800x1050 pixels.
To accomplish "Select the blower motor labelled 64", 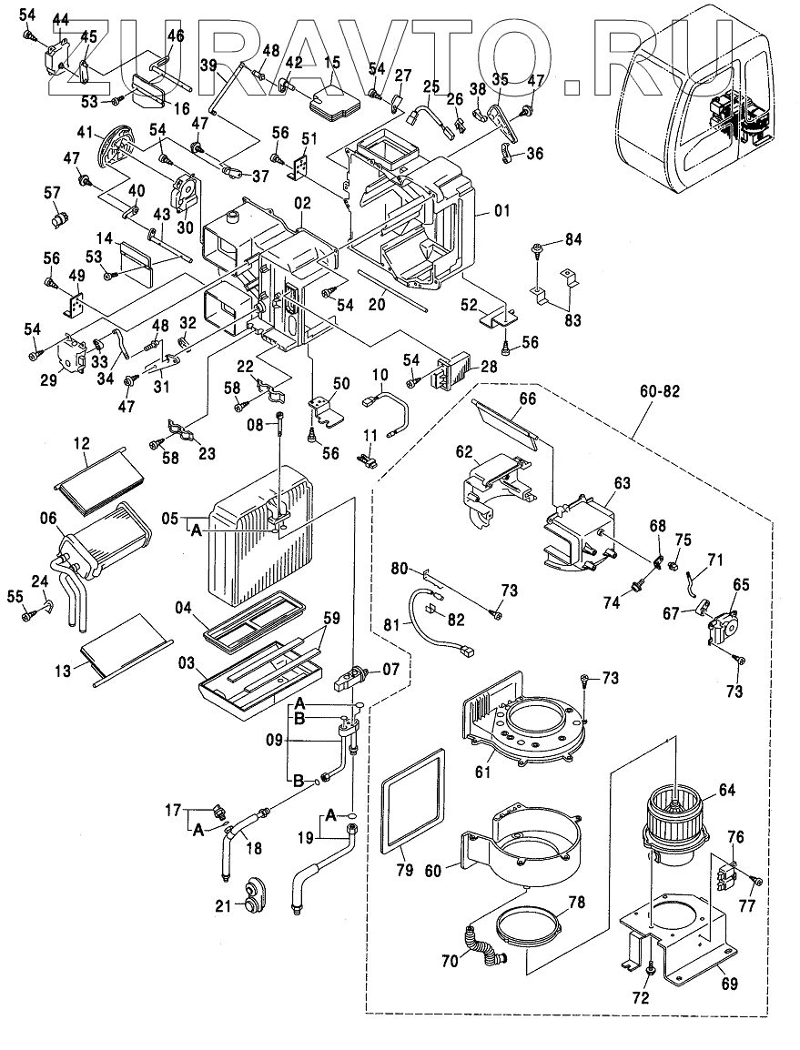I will pos(674,819).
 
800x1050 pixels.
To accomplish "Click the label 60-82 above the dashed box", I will pos(661,391).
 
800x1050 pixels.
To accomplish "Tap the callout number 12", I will pos(82,443).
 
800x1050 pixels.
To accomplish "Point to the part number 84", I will pos(572,239).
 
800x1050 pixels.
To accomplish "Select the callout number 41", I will pos(86,134).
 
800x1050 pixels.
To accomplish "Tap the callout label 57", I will pos(52,192).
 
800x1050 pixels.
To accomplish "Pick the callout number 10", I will pos(379,375).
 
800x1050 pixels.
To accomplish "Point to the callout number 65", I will pos(741,584).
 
